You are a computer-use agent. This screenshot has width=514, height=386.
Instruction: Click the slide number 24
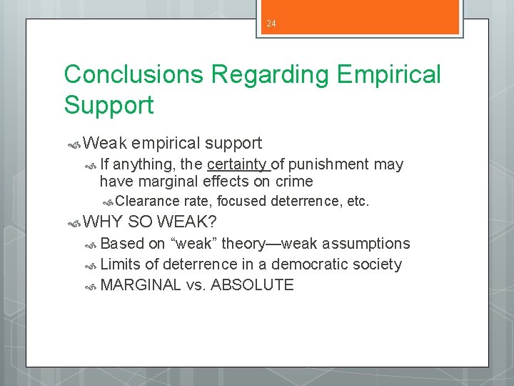coord(271,24)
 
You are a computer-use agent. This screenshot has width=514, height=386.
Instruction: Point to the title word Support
coord(109,105)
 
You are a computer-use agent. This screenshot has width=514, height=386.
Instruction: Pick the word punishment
coord(333,164)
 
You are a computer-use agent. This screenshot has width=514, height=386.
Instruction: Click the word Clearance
coord(146,202)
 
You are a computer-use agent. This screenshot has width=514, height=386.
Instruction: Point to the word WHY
coord(103,222)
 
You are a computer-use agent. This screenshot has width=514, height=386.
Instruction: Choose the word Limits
coord(121,264)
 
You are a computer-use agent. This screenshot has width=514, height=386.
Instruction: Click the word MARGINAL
coord(141,284)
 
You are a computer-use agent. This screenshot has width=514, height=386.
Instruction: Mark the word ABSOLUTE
coord(252,284)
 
